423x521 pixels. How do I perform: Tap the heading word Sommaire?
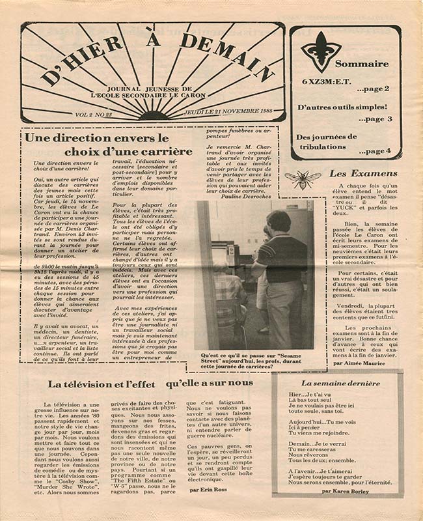[362, 64]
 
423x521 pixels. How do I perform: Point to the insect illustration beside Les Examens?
[303, 178]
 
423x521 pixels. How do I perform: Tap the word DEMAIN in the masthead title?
[227, 54]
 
